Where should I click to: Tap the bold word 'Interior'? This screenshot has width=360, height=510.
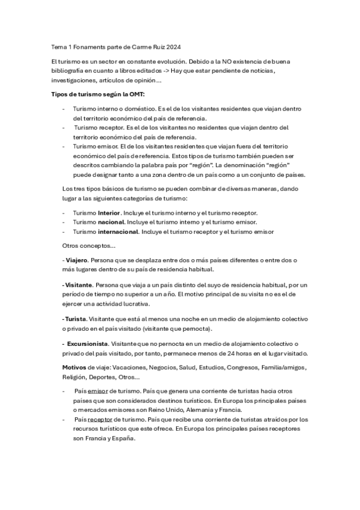(x=109, y=213)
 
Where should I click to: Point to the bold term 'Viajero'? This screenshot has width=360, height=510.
(x=76, y=260)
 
